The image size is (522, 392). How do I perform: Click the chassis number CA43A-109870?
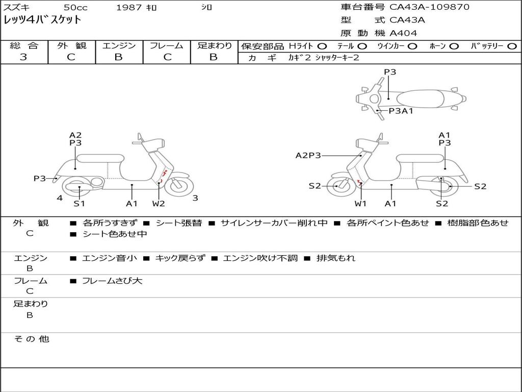point(429,7)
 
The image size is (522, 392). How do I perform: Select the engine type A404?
point(403,33)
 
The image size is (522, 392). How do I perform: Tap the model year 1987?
point(129,8)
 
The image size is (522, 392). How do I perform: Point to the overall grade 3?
point(23,57)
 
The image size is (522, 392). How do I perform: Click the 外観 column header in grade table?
point(71,45)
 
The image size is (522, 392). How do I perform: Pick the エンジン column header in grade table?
point(119,45)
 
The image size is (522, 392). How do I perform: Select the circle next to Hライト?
point(322,46)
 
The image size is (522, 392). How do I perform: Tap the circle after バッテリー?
point(512,46)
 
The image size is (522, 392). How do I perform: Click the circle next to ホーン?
point(454,46)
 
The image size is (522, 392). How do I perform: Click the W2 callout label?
point(159,204)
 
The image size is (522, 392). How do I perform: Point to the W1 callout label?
point(361,204)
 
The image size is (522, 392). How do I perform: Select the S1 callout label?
point(79,204)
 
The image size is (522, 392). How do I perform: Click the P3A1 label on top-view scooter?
point(401,111)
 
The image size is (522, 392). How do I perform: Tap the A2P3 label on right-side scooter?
point(308,155)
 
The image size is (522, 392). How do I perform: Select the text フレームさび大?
point(112,281)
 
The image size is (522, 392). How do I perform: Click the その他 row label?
point(31,339)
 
